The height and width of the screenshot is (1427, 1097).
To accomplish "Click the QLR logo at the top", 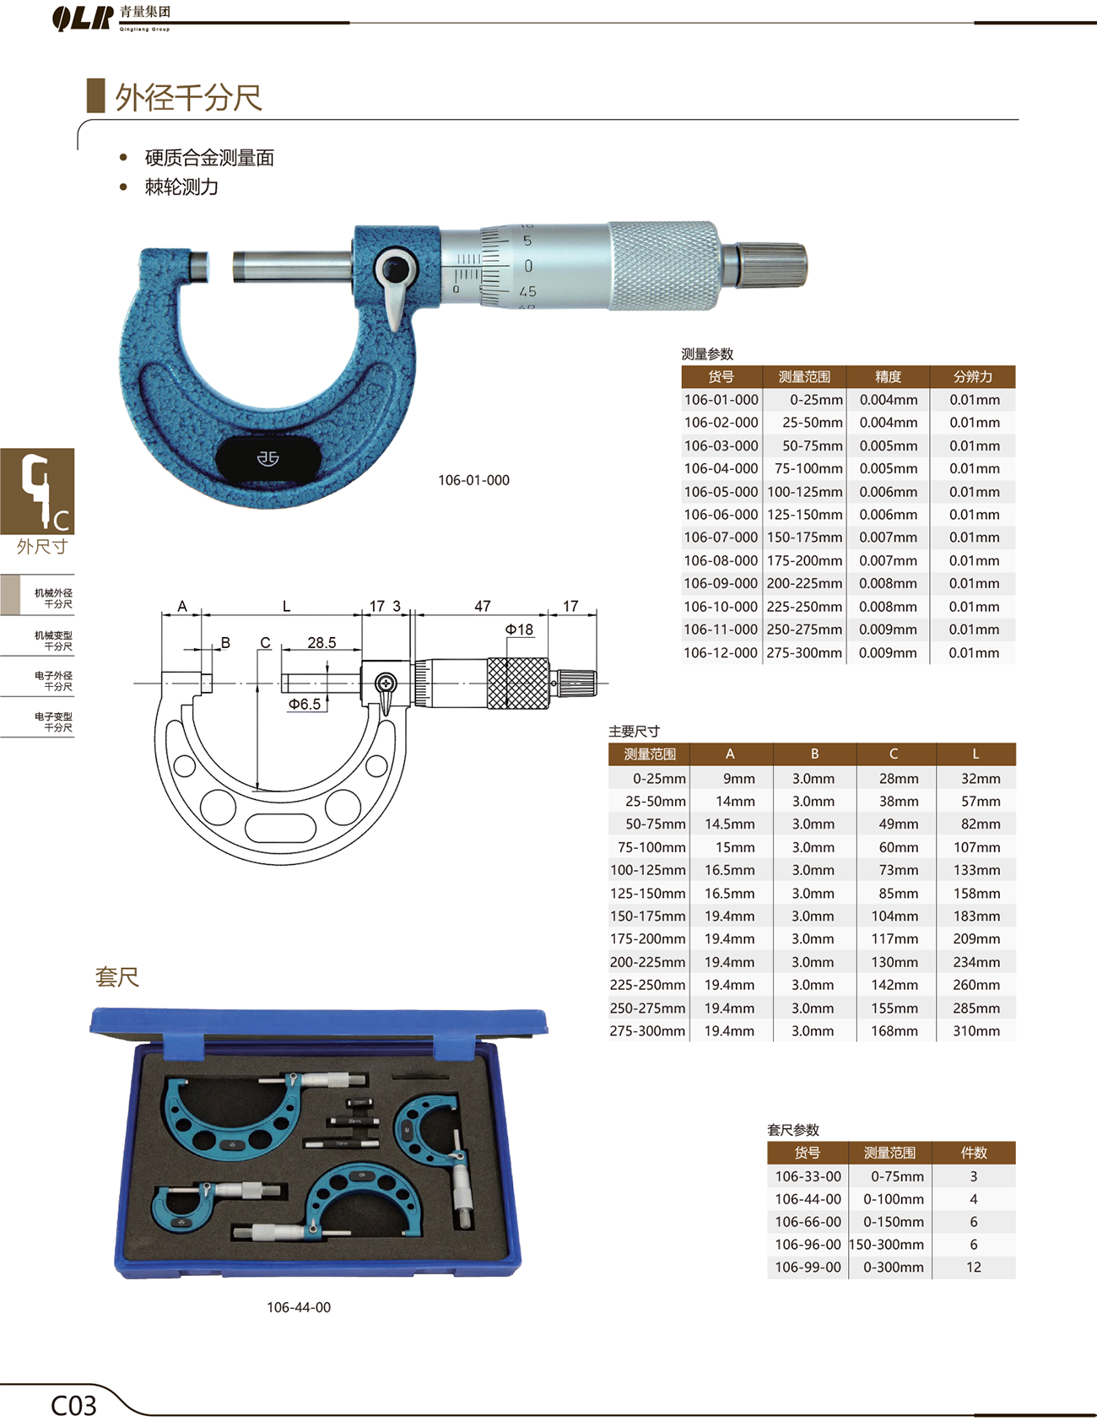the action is pos(82,18).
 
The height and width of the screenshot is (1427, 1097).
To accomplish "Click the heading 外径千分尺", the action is pos(188,98).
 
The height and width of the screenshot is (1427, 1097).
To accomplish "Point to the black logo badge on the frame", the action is pos(268,458).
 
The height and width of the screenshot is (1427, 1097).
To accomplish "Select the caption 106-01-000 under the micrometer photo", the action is pos(473,480).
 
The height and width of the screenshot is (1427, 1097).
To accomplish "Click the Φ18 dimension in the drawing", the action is pos(519,630).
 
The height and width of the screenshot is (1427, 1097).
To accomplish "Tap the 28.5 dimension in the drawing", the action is pos(322,643).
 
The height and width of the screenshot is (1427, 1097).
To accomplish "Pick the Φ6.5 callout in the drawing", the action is pos(305,704).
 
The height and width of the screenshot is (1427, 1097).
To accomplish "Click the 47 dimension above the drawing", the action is pos(483,606).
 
